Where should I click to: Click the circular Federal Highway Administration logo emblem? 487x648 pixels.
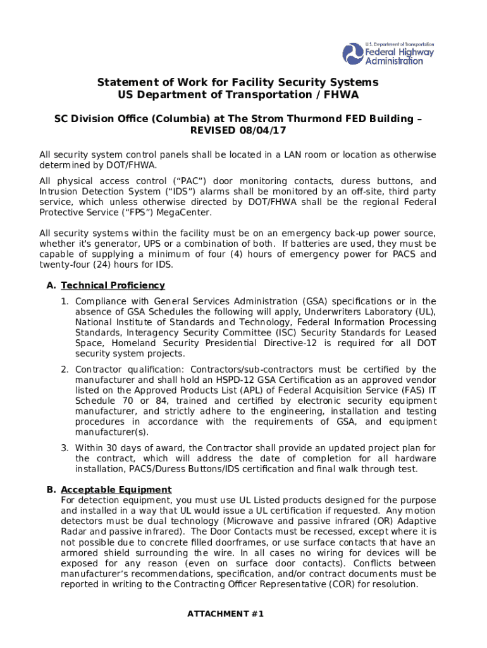(354, 54)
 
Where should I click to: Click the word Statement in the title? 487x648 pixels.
(124, 83)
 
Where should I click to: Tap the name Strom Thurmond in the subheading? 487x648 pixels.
(284, 118)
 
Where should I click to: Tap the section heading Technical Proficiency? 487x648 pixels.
(113, 285)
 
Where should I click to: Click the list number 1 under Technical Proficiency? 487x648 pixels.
(65, 301)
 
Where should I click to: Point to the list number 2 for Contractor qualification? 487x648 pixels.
(65, 370)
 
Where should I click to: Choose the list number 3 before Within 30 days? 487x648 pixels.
(65, 448)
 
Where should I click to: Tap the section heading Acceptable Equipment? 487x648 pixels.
(116, 490)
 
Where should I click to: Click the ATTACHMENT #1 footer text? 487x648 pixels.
(225, 614)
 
